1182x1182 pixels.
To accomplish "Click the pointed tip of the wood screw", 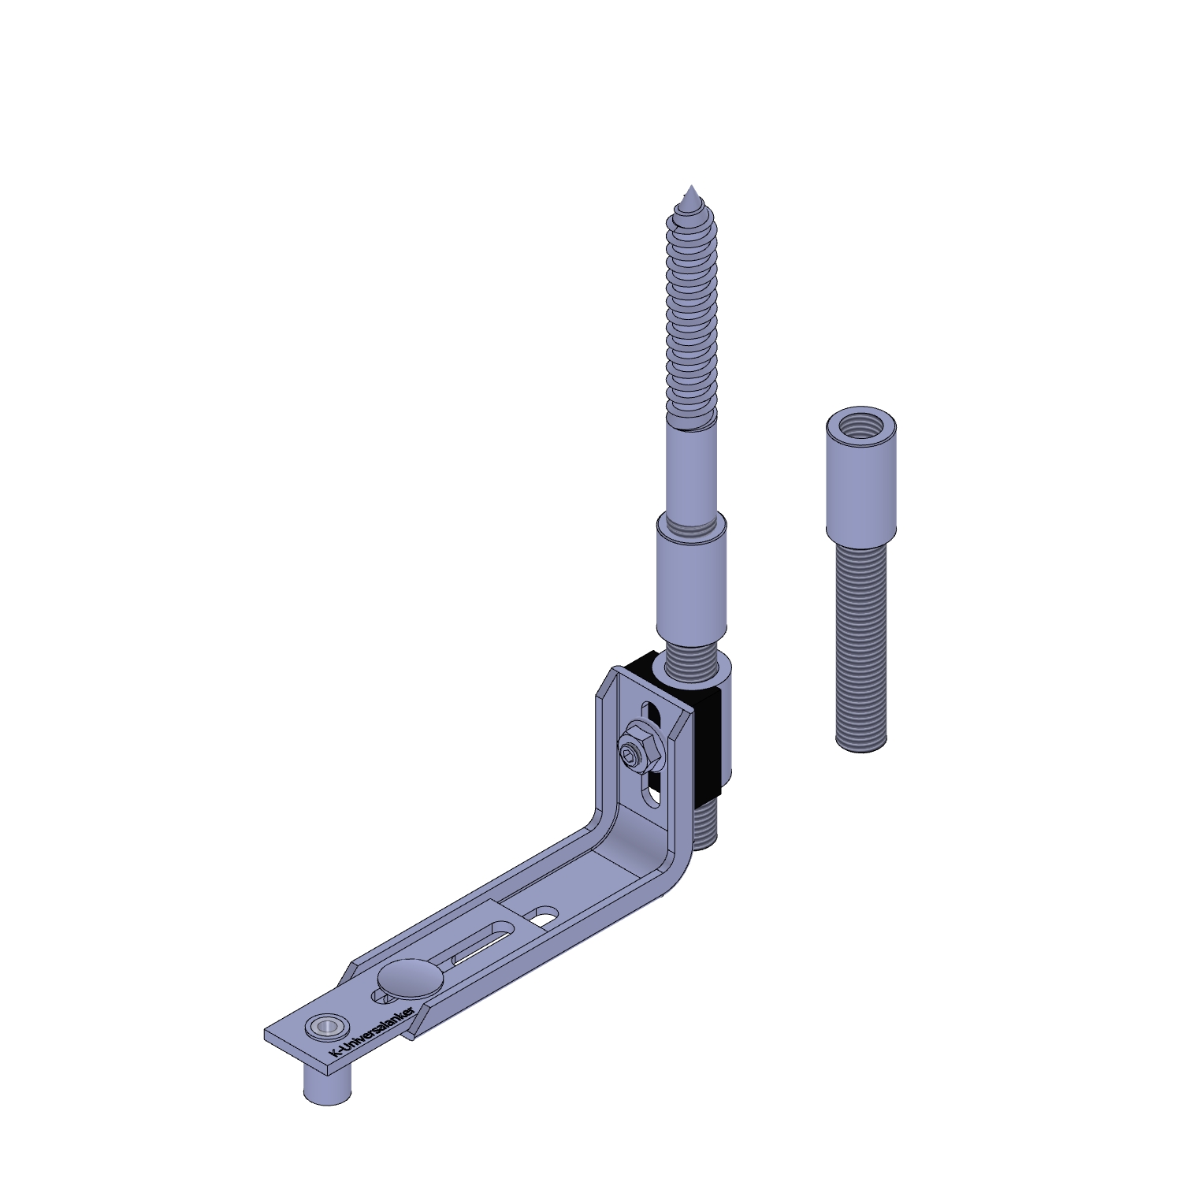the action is pos(691,186).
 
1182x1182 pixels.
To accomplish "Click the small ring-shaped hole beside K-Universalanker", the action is pos(325,1027).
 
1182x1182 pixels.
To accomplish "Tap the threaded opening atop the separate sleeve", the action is pos(861,426).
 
